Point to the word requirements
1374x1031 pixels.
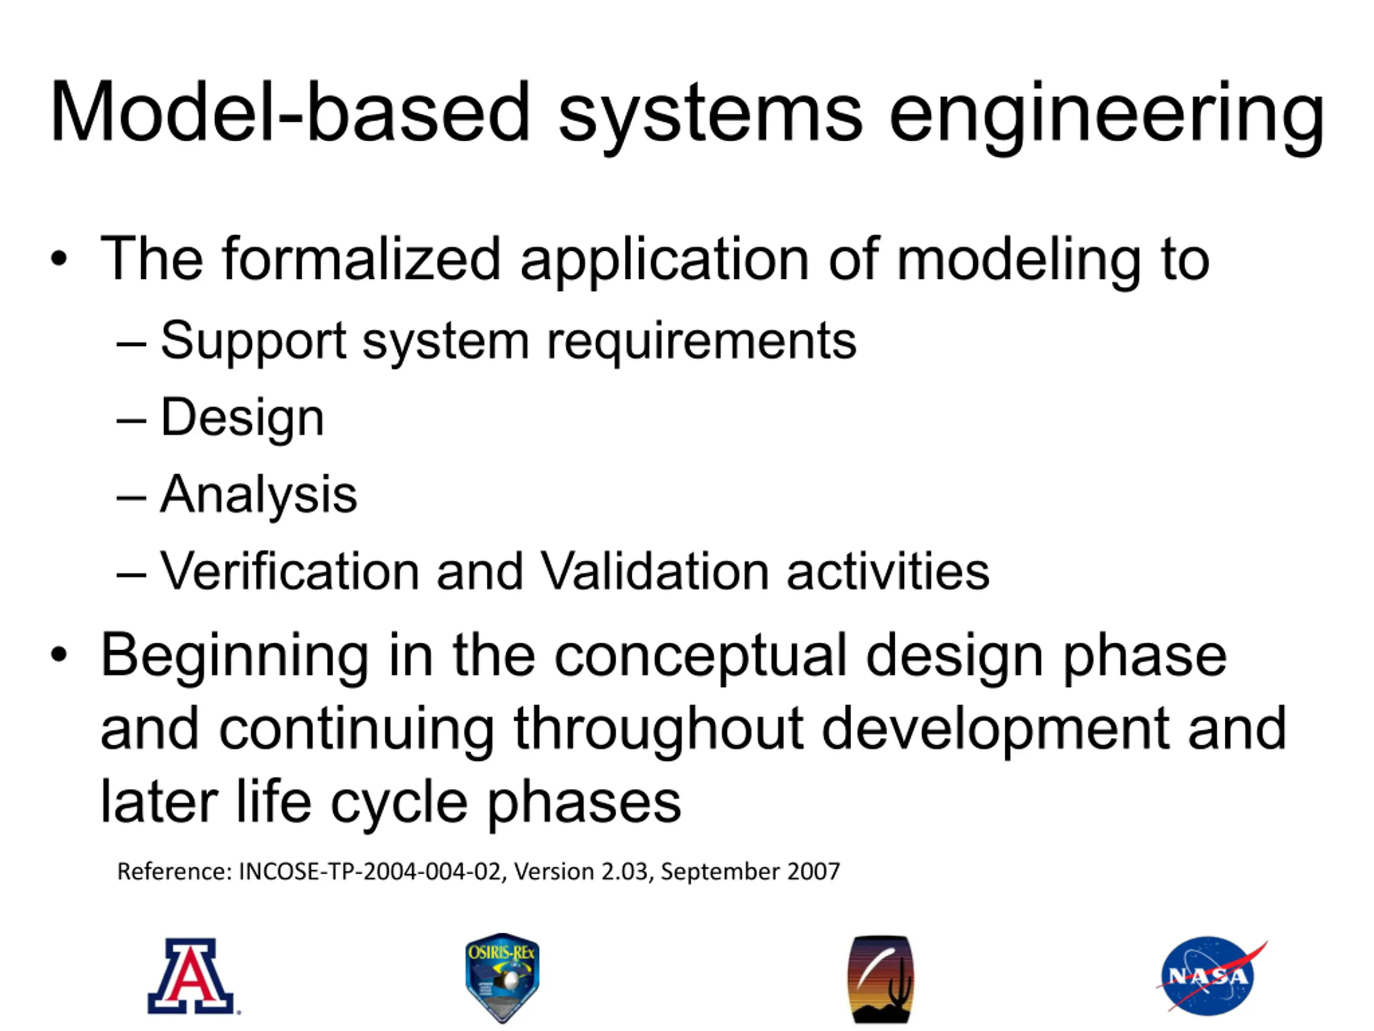pos(701,343)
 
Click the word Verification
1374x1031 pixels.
pos(289,570)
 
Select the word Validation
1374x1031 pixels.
pos(655,570)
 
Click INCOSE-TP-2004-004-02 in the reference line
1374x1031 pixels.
pos(370,872)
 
